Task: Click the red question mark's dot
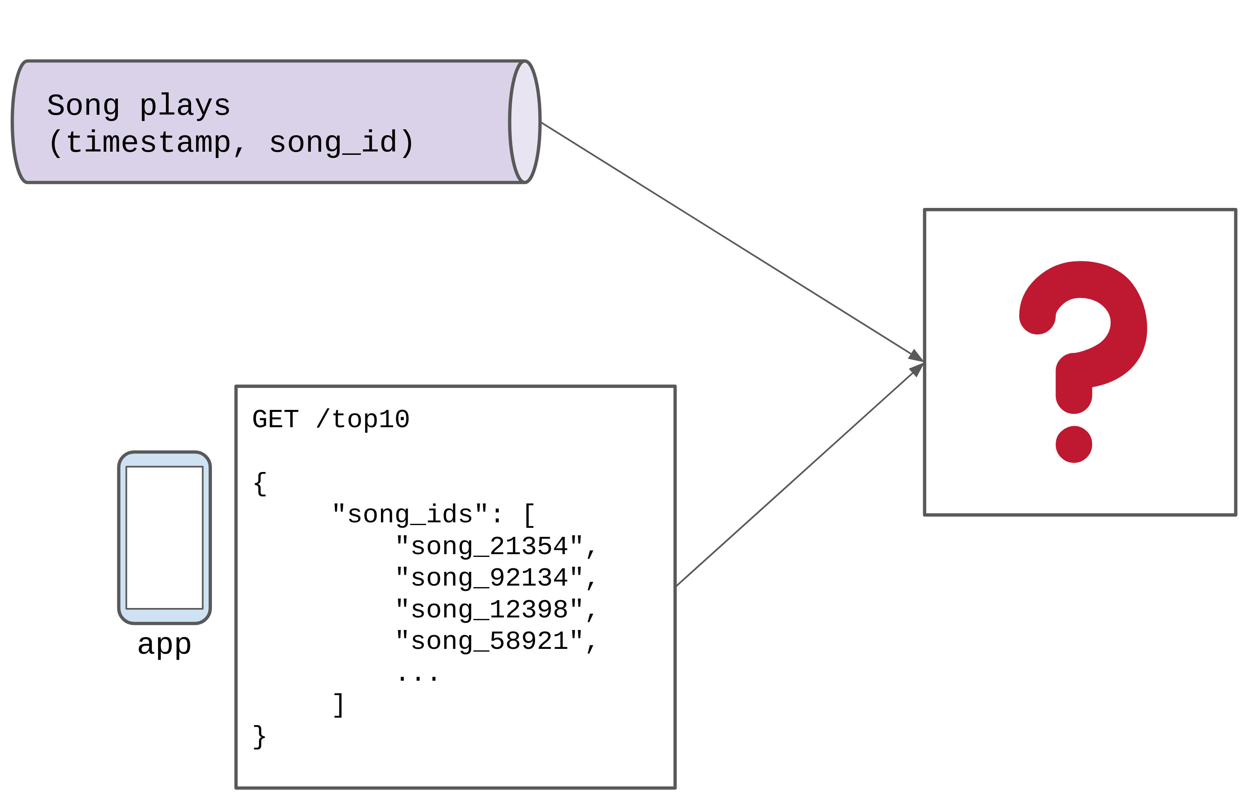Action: click(x=1074, y=445)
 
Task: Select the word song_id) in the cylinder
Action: click(x=342, y=142)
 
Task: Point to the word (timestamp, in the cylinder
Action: click(x=147, y=142)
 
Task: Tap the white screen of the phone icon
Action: click(x=164, y=537)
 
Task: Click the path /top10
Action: click(x=362, y=420)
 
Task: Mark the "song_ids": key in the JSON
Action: click(x=417, y=515)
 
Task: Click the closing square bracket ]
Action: click(x=338, y=705)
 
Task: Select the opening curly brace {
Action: click(x=260, y=484)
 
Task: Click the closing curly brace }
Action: click(x=260, y=737)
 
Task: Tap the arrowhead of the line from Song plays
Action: click(x=916, y=357)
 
